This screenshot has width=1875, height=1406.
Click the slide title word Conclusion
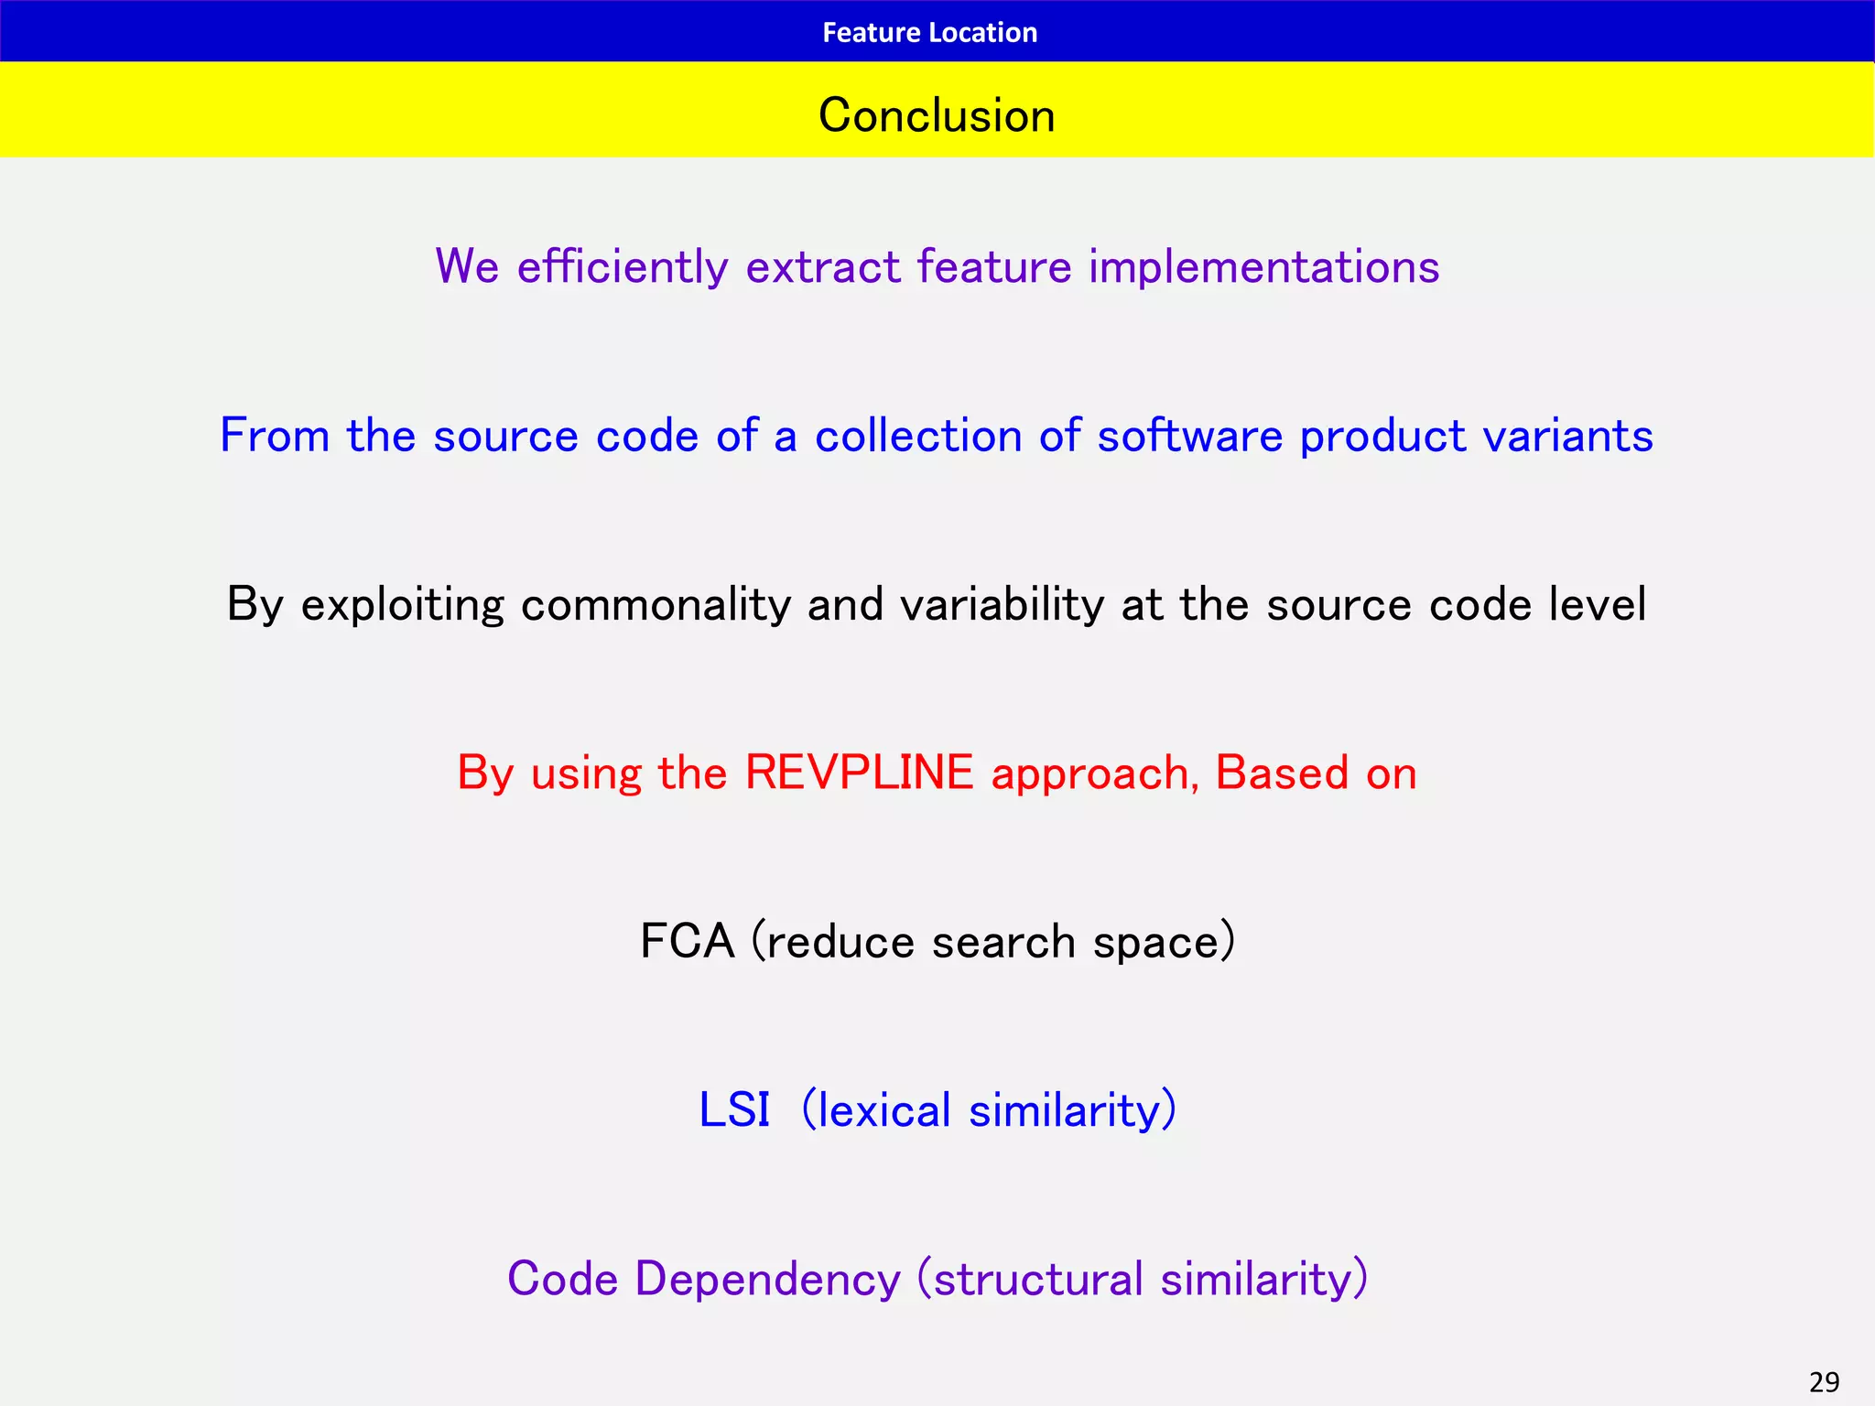click(x=937, y=115)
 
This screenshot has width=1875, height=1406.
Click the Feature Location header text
click(x=929, y=33)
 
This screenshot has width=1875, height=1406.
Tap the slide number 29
click(x=1824, y=1381)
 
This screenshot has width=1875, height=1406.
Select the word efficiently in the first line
click(x=623, y=267)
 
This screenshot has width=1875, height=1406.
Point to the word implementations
click(x=1263, y=267)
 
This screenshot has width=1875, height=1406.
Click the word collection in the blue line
click(x=918, y=436)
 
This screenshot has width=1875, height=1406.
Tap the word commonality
click(x=656, y=604)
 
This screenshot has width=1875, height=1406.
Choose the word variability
click(x=1003, y=604)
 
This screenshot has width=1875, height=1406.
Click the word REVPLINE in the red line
click(x=859, y=773)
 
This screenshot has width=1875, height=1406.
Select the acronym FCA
click(x=687, y=941)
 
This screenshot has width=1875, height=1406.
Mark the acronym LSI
click(x=733, y=1109)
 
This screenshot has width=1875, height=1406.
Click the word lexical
click(x=884, y=1109)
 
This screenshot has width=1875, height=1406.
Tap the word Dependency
click(x=767, y=1279)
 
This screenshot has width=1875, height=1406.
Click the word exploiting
click(x=402, y=604)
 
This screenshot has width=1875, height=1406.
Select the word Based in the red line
click(x=1282, y=773)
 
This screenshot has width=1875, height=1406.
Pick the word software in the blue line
click(x=1190, y=436)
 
